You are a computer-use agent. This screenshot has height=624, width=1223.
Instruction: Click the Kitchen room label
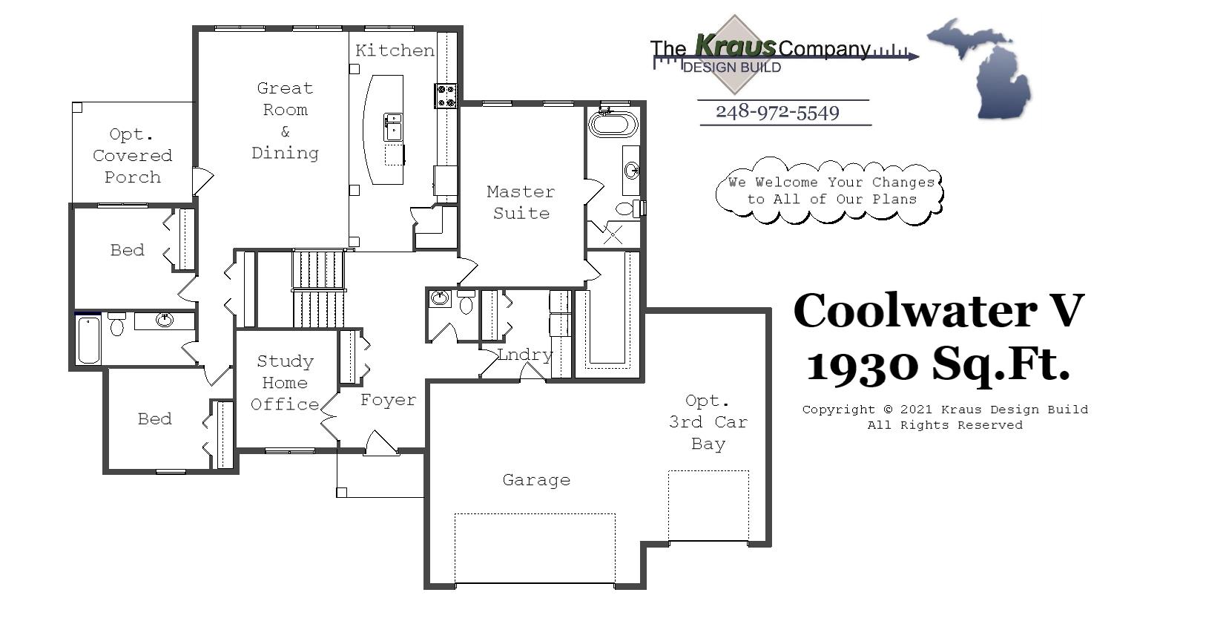coord(395,50)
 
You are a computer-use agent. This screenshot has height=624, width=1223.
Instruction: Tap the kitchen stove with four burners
coord(446,96)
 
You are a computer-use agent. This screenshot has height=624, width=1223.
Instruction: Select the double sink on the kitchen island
coord(392,127)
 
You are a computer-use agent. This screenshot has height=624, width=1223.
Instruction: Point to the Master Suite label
coord(521,202)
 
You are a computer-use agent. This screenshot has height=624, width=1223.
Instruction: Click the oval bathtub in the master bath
coord(613,123)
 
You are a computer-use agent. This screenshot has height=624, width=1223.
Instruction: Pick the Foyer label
coord(388,400)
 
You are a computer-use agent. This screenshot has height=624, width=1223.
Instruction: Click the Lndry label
coord(525,355)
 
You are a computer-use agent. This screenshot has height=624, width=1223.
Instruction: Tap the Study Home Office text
coord(285,383)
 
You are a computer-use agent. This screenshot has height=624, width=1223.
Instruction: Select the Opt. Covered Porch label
coord(132,156)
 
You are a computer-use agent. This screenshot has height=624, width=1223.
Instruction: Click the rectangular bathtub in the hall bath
coord(88,340)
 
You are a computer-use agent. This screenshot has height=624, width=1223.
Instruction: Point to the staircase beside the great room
coord(318,289)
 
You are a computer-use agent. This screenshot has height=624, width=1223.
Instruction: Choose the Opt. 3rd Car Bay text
coord(708,422)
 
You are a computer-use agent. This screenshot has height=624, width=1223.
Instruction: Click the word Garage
coord(536,480)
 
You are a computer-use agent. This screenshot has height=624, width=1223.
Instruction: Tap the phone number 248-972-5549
coord(777,112)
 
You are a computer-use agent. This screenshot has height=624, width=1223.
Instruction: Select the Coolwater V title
coord(938,310)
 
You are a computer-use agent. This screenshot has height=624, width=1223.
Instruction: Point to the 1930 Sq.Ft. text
coord(938,364)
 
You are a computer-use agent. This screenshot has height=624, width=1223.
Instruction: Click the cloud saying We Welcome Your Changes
coord(830,191)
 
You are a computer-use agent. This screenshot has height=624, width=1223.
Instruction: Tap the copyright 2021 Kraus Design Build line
coord(945,410)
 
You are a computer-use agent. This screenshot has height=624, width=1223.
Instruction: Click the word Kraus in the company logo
coord(735,47)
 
